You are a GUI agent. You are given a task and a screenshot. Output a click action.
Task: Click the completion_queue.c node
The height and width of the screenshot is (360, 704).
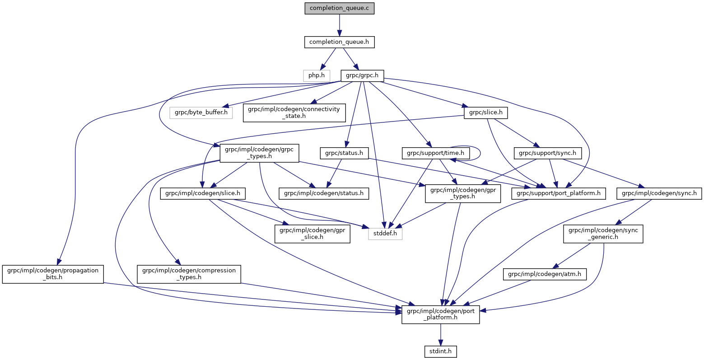click(x=340, y=8)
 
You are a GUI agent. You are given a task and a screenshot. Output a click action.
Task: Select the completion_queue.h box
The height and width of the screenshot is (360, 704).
click(x=340, y=42)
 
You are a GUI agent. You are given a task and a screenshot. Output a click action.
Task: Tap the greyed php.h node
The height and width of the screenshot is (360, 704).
click(x=317, y=75)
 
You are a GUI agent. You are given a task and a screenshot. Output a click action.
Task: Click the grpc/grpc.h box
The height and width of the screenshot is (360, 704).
click(x=362, y=75)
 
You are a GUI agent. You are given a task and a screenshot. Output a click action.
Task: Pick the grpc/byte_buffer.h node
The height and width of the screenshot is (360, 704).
click(x=201, y=112)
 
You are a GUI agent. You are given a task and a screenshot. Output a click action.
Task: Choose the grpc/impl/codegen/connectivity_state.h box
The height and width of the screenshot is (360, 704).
click(x=294, y=112)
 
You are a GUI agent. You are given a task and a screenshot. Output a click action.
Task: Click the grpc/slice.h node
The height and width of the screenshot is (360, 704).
click(x=483, y=112)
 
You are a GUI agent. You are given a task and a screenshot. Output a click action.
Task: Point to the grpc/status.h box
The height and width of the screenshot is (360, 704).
click(x=345, y=153)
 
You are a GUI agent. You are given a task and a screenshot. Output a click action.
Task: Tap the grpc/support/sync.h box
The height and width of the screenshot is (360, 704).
click(x=548, y=153)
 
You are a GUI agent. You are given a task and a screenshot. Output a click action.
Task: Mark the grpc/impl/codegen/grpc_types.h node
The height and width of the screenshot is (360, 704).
click(x=259, y=153)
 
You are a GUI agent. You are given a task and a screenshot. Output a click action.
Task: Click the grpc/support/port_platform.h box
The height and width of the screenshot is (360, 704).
click(x=558, y=194)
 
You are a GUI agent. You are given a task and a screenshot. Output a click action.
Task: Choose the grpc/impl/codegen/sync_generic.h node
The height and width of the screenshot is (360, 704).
click(x=603, y=234)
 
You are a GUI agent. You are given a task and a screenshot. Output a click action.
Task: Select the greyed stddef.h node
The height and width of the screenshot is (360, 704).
click(x=385, y=234)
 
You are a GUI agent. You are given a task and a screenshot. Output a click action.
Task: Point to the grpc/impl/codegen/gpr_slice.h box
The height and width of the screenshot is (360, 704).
click(x=312, y=234)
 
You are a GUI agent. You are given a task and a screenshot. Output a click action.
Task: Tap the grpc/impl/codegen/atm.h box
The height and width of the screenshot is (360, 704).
click(x=545, y=274)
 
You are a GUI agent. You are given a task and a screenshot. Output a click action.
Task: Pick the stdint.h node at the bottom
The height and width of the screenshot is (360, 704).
click(x=441, y=351)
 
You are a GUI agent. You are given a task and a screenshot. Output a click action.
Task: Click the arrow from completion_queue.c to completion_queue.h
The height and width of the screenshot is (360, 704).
click(x=340, y=25)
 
